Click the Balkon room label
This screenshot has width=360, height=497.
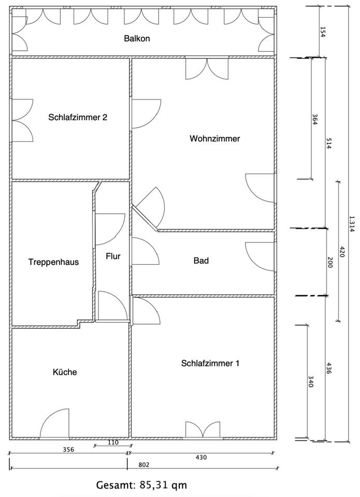click(x=137, y=38)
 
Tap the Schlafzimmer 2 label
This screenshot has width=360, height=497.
click(x=78, y=117)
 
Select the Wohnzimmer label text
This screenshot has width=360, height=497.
click(x=214, y=139)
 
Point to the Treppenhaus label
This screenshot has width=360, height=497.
click(x=53, y=262)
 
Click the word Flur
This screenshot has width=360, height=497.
click(x=113, y=256)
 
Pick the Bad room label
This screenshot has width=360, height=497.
click(x=201, y=260)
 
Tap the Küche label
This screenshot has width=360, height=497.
click(x=65, y=372)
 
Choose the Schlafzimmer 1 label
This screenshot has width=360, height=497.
click(x=210, y=363)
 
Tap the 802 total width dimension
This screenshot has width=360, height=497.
click(x=145, y=465)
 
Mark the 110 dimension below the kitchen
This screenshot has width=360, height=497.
click(x=113, y=443)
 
